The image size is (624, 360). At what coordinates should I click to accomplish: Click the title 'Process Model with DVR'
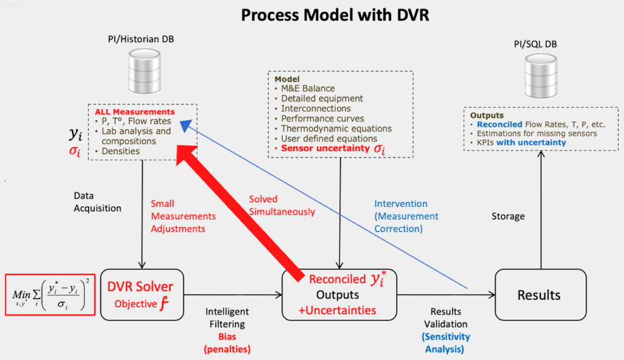tap(335, 15)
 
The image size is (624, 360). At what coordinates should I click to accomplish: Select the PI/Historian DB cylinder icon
tap(144, 71)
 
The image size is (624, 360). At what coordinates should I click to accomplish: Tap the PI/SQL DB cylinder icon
tap(541, 76)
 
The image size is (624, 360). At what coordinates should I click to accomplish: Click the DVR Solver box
tap(142, 295)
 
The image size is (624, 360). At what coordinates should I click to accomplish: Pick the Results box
tap(541, 295)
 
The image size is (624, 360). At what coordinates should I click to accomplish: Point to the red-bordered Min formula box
tap(50, 295)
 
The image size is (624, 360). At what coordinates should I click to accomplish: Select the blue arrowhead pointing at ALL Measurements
tap(186, 125)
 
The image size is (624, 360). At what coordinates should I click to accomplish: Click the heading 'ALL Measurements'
tap(135, 112)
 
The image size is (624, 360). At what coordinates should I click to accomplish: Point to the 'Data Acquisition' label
tap(97, 202)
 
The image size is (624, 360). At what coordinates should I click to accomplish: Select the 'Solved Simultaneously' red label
tap(282, 205)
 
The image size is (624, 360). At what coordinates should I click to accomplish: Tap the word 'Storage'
tap(508, 216)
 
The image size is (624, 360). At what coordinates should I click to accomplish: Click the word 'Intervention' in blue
tap(401, 203)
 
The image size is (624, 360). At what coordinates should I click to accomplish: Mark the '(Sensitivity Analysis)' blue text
tap(445, 343)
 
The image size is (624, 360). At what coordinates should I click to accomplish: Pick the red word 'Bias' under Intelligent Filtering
tap(227, 336)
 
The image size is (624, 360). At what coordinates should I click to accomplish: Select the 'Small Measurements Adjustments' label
tap(183, 216)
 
